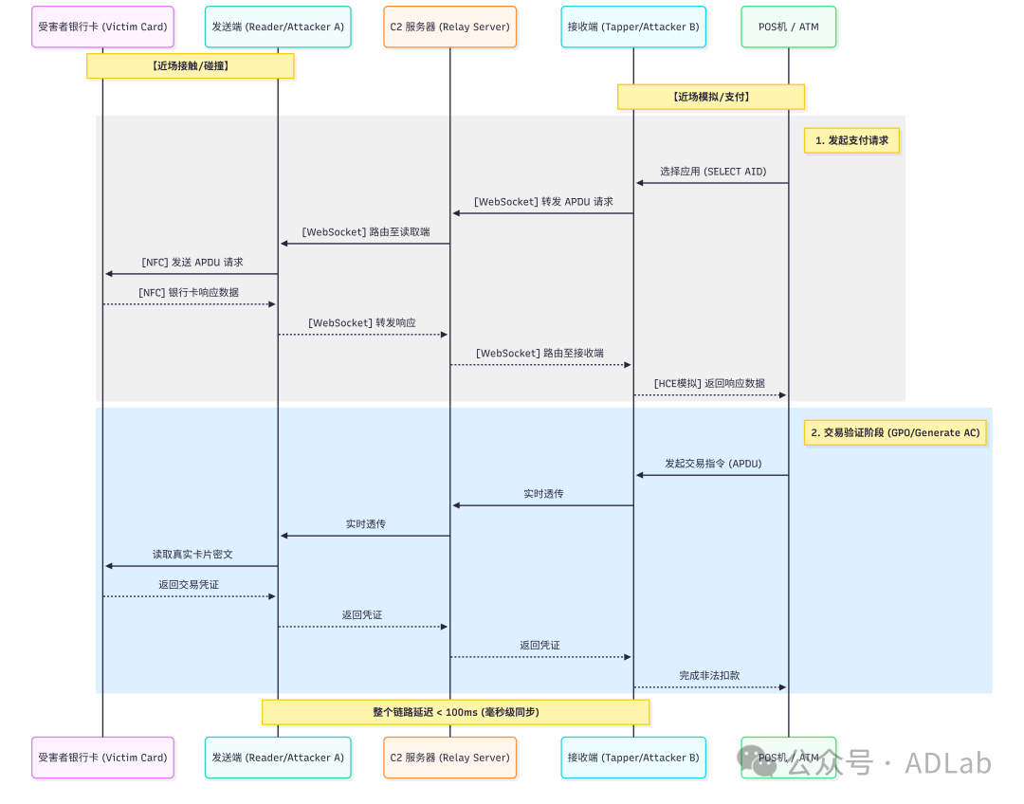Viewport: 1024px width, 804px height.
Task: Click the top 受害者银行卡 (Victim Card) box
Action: [x=102, y=27]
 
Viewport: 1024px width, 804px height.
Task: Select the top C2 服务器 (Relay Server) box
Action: [x=449, y=27]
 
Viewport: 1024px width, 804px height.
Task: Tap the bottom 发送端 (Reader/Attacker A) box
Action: [x=278, y=758]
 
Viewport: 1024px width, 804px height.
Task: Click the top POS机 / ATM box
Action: [x=788, y=27]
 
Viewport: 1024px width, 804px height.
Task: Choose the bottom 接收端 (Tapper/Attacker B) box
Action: [x=633, y=758]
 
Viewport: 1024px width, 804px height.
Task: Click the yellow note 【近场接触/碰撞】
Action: [x=190, y=65]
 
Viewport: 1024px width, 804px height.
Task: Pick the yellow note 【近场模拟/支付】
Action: [x=710, y=97]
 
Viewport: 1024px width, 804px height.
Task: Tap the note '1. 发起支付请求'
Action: [x=851, y=140]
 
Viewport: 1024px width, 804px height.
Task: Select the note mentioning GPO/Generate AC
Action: [x=895, y=432]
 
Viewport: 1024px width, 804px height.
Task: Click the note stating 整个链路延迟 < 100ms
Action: [x=455, y=712]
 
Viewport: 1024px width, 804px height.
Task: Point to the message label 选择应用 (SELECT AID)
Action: [x=713, y=172]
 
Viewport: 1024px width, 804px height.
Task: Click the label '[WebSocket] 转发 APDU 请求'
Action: [x=543, y=202]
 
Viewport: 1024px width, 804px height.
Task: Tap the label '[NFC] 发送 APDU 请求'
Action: [x=192, y=263]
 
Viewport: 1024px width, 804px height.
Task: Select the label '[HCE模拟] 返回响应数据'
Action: [x=709, y=383]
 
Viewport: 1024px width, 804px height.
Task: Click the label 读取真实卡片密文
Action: [x=192, y=555]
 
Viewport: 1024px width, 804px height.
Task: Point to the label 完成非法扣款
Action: [x=709, y=676]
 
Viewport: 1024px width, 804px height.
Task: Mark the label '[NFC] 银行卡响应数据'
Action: [x=189, y=293]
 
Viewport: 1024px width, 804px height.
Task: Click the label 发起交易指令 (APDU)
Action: [x=713, y=464]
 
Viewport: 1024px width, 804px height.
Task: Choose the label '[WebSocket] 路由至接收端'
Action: [x=539, y=354]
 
